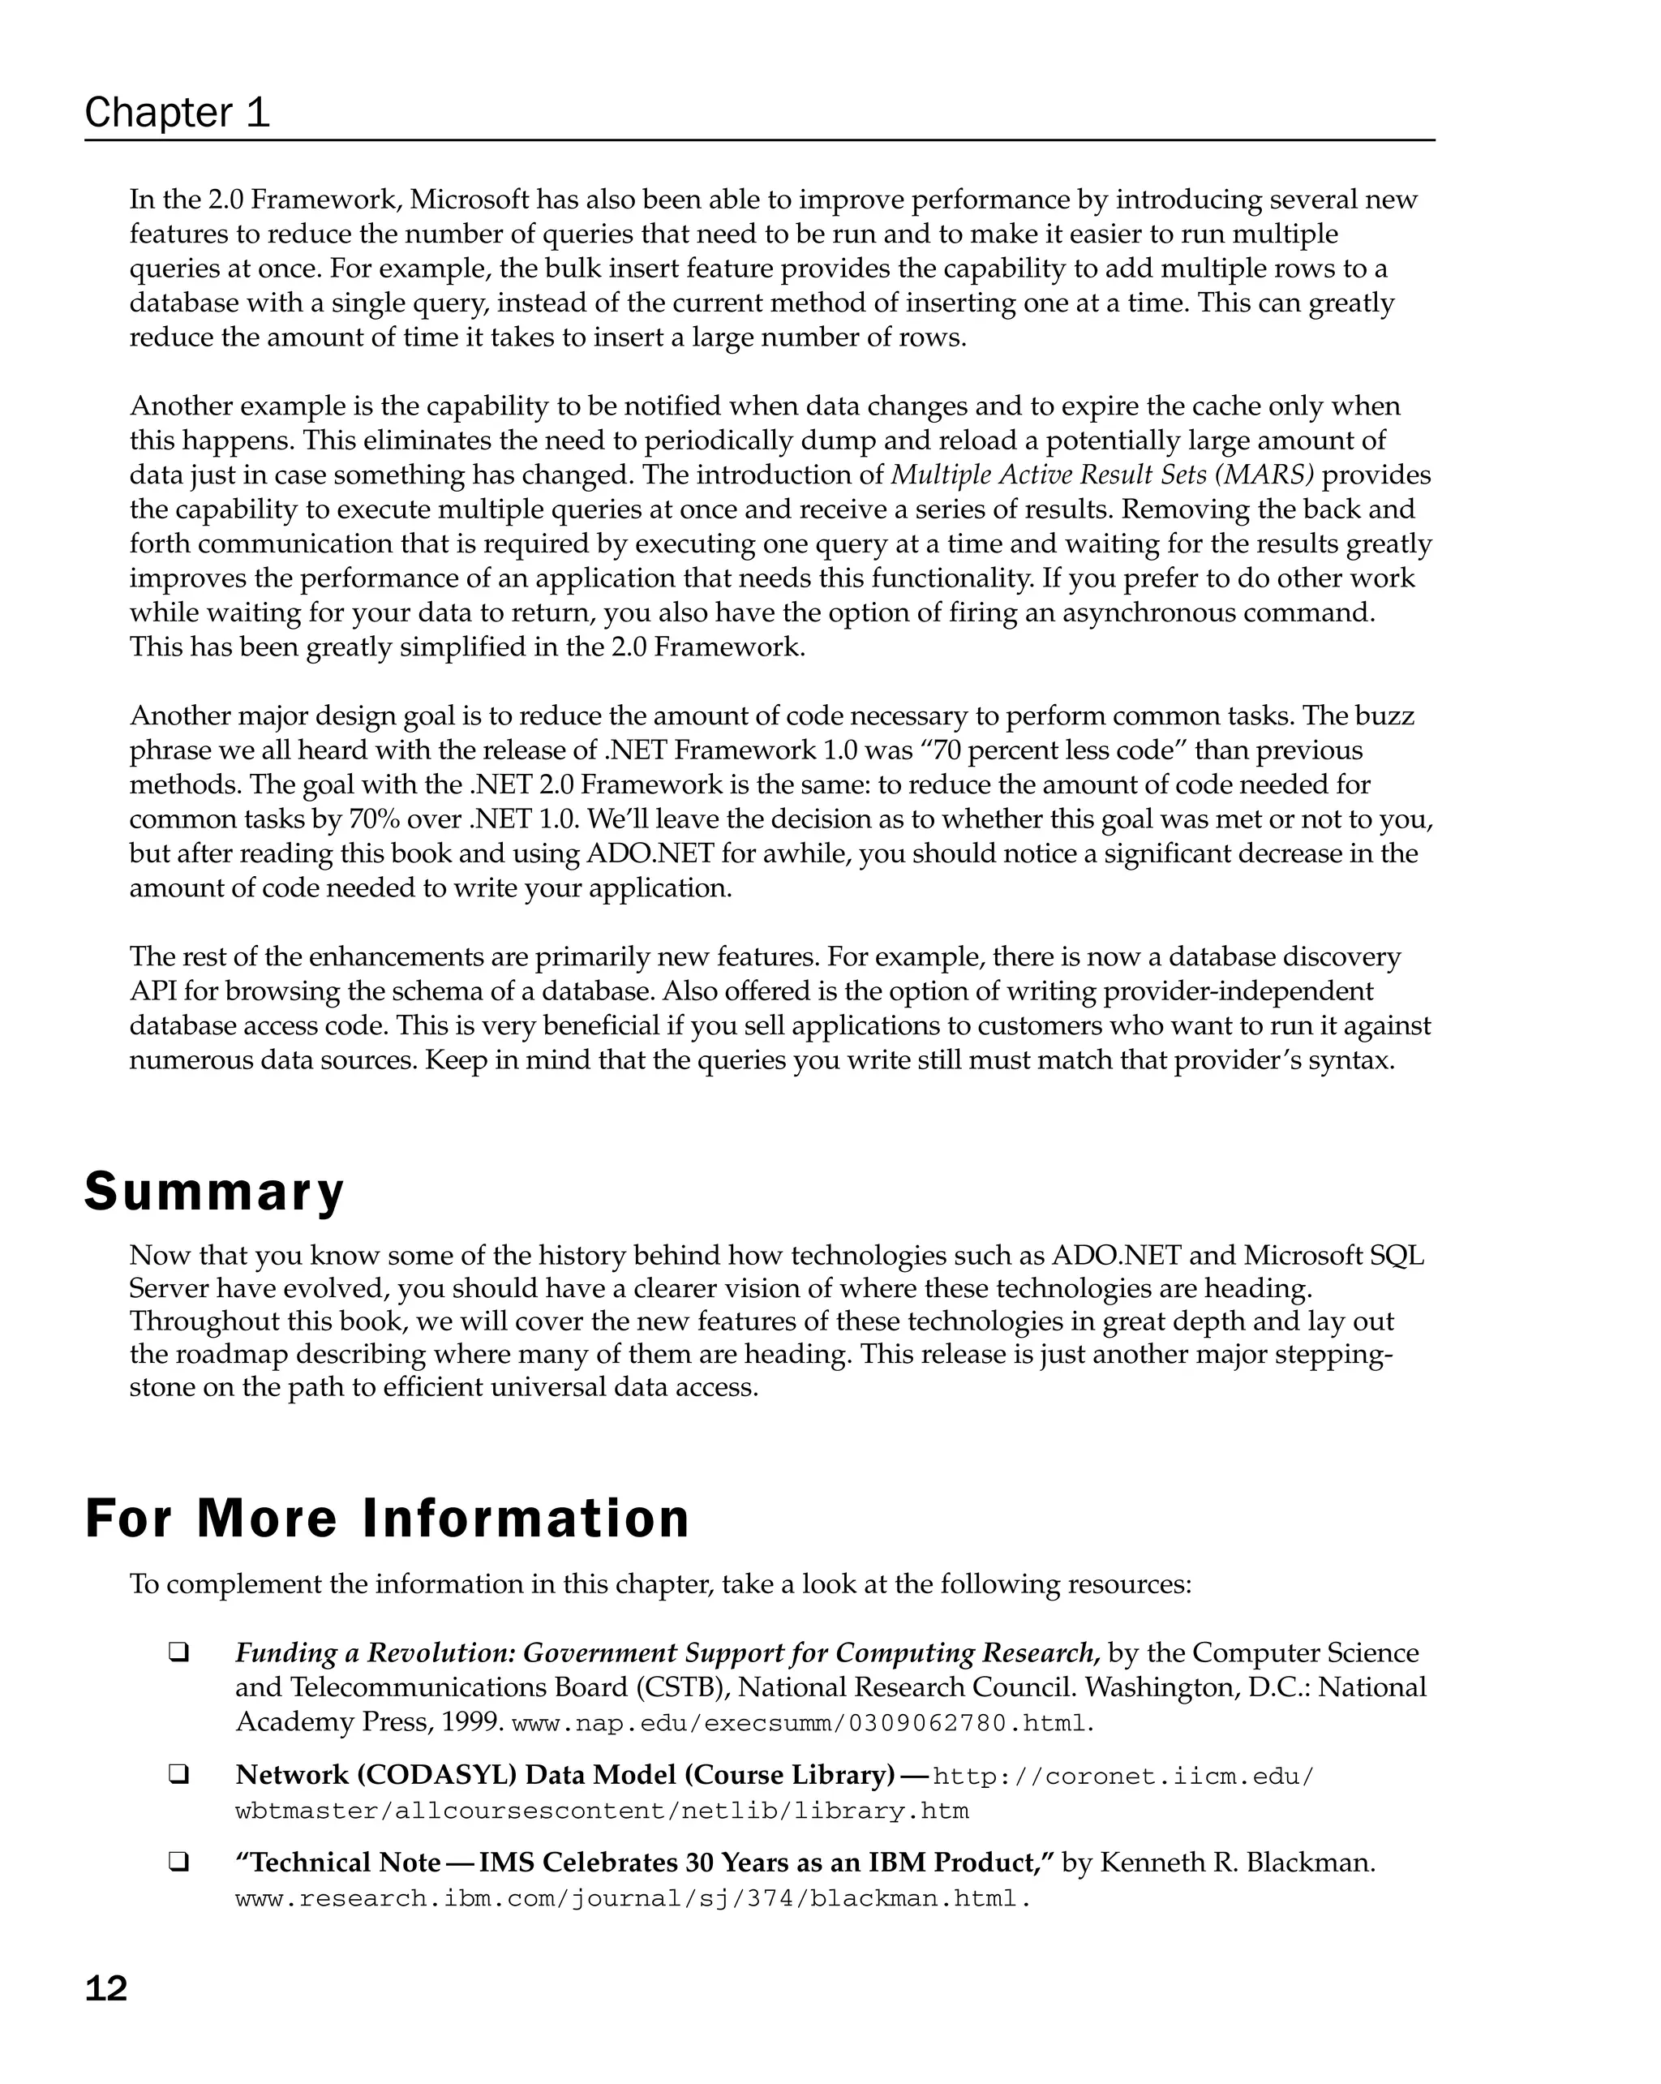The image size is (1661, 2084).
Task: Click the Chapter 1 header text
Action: pos(177,113)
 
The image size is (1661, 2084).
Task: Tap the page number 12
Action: pos(106,1988)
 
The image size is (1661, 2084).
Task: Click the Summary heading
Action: pos(213,1191)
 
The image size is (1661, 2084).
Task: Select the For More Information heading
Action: pos(387,1518)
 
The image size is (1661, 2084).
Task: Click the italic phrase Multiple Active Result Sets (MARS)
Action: pos(1101,475)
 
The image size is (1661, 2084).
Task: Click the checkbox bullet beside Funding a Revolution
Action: pos(178,1653)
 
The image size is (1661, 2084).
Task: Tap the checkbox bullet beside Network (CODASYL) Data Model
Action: pos(178,1775)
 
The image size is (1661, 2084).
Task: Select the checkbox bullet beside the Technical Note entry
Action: pos(178,1862)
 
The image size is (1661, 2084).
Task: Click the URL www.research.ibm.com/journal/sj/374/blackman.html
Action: pos(632,1898)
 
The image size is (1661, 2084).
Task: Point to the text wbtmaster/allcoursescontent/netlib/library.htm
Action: pos(601,1811)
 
